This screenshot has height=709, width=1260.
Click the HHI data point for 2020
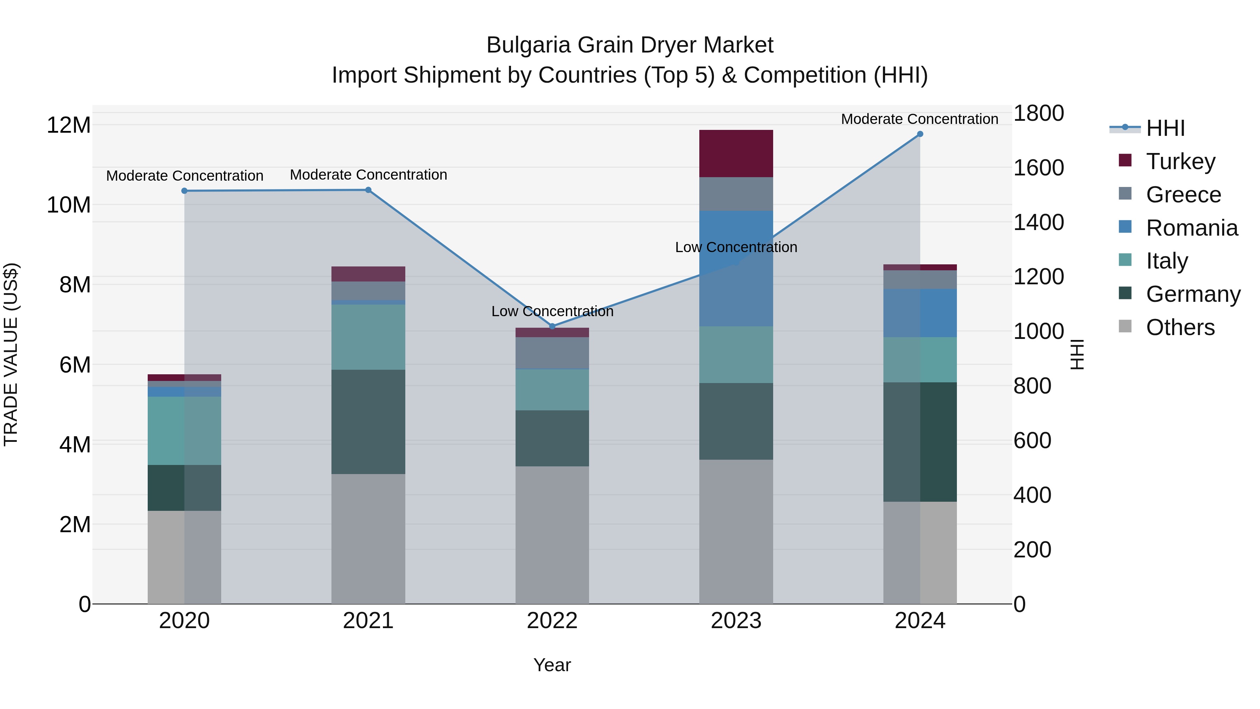(184, 191)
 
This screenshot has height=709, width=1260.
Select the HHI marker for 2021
(368, 190)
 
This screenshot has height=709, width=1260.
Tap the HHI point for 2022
(552, 326)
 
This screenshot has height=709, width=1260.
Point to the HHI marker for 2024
(920, 134)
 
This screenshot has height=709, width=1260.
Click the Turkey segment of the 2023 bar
(736, 153)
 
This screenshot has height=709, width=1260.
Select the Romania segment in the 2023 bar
(736, 268)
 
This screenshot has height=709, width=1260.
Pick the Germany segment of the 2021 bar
(368, 422)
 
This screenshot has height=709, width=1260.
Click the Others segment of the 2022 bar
(552, 535)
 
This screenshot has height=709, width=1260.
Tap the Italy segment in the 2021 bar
(368, 337)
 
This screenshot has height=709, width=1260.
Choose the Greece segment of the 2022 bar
(552, 353)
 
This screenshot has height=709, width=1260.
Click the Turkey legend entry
(1180, 161)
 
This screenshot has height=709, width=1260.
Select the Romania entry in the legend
(1191, 228)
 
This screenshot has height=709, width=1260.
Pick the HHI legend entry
(1164, 128)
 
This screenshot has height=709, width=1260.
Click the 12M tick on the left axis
(69, 125)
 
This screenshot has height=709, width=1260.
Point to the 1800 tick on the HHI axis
(1038, 113)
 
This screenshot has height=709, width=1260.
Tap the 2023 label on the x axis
(736, 621)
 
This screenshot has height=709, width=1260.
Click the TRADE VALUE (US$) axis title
(11, 354)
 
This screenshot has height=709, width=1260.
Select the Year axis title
(552, 665)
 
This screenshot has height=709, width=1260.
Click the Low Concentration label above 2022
(552, 311)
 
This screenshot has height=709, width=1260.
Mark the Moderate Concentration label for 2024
(919, 119)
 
